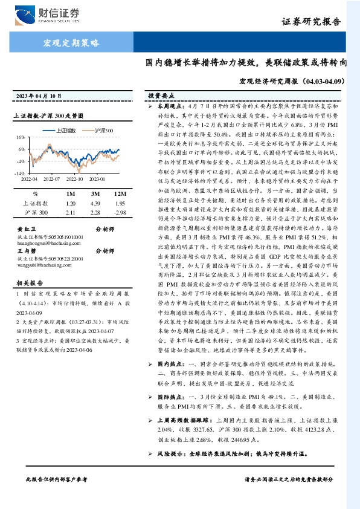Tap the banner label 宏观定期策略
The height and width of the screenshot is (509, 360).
coord(71,43)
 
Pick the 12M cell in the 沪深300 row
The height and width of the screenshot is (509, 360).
coord(119,213)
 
